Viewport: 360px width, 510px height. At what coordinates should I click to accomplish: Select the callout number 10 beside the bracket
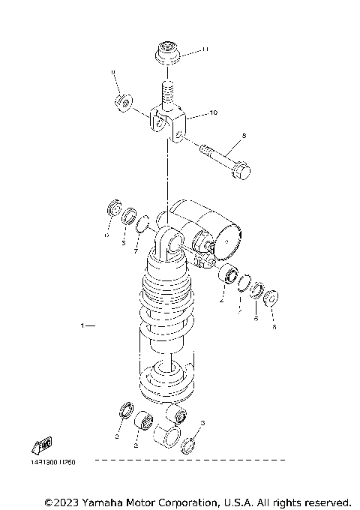pyautogui.click(x=213, y=113)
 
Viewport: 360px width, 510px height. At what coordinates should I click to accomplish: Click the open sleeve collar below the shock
pyautogui.click(x=167, y=437)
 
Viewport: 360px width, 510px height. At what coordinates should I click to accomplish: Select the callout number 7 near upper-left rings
pyautogui.click(x=136, y=253)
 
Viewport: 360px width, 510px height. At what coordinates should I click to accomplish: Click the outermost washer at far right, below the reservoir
pyautogui.click(x=271, y=296)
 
